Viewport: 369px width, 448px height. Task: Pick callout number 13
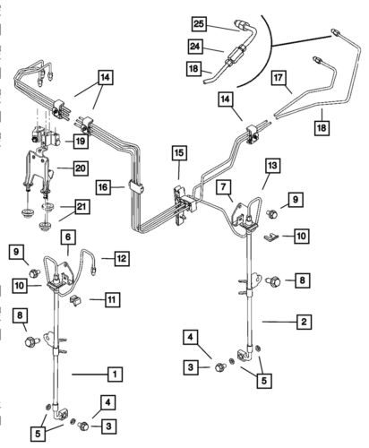272,167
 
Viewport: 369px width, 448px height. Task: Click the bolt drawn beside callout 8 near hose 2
276,282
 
